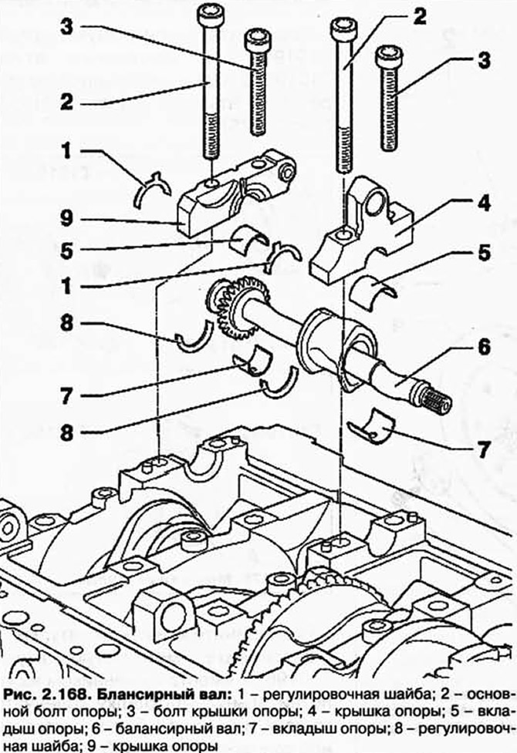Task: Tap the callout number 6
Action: [x=483, y=347]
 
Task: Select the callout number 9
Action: [x=66, y=219]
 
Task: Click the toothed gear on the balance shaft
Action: [x=239, y=307]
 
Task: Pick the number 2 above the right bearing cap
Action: [x=419, y=16]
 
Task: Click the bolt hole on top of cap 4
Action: [x=343, y=234]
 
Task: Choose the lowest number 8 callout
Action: [x=67, y=433]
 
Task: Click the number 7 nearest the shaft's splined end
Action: [x=483, y=449]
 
